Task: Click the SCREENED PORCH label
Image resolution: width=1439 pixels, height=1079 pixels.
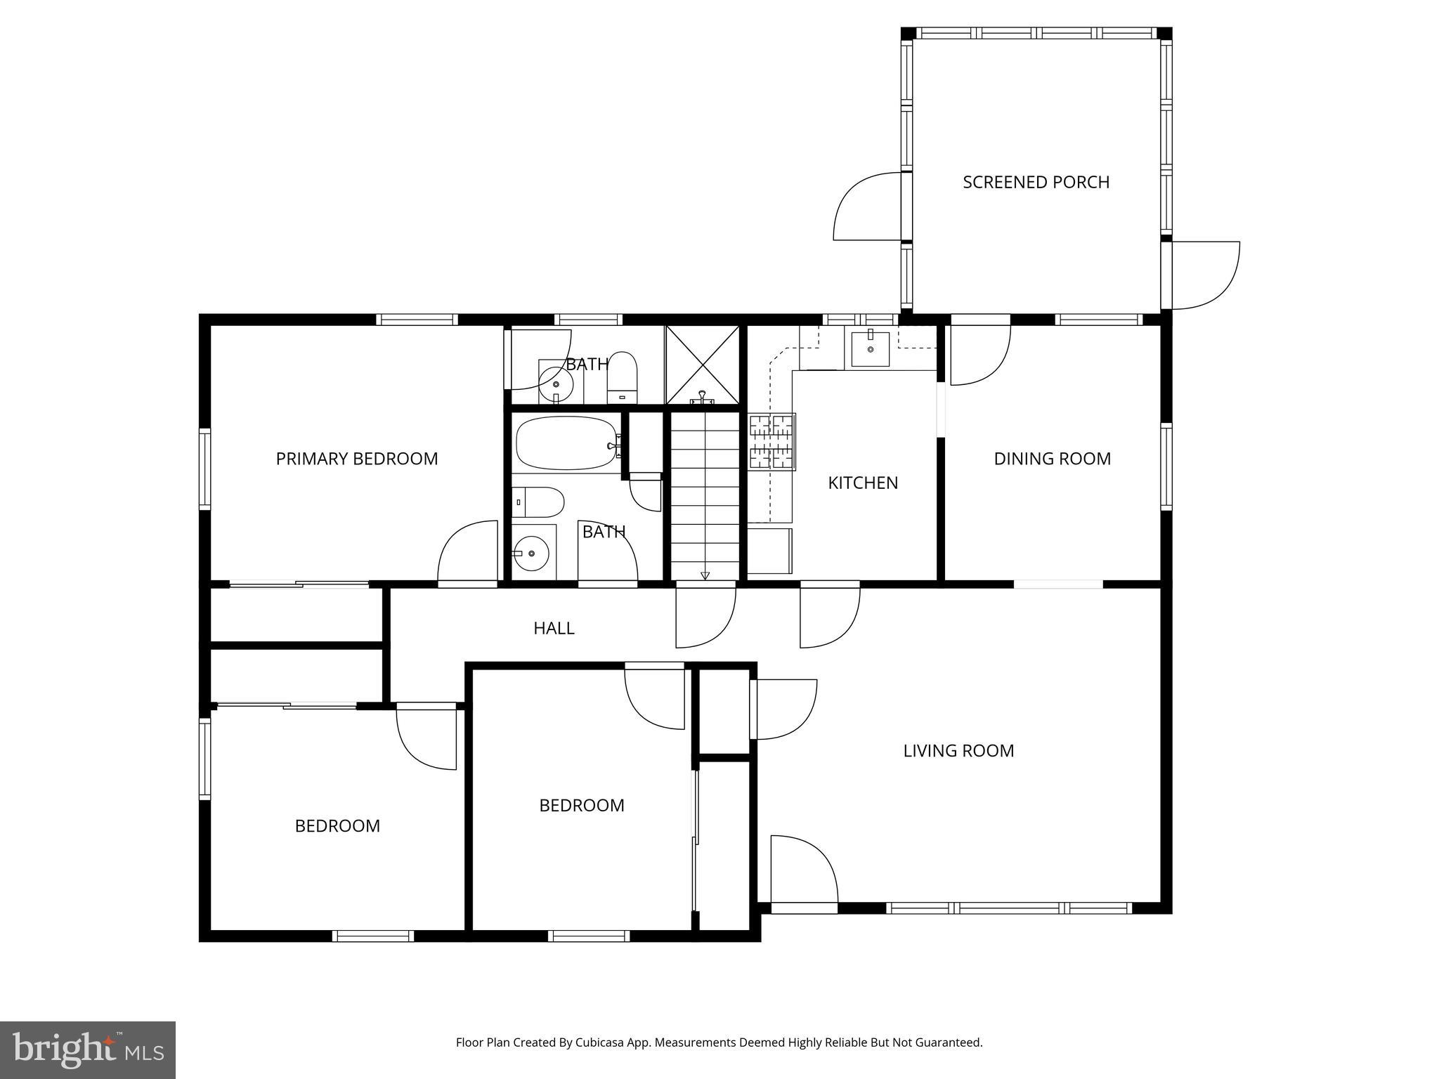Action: point(1036,183)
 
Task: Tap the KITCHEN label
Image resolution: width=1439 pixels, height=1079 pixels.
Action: point(863,483)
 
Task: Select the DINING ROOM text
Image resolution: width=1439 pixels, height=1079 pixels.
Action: point(1052,459)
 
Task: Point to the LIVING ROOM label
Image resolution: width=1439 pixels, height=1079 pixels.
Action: point(958,751)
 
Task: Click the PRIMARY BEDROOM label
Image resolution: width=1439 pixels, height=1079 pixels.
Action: point(356,459)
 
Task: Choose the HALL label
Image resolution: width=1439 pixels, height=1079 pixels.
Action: point(554,628)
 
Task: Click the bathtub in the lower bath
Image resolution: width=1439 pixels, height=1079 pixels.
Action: point(566,444)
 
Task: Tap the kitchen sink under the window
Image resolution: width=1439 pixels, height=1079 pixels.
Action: point(870,349)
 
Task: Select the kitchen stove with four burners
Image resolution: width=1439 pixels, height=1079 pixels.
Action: point(772,441)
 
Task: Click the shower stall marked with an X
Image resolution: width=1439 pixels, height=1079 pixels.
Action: point(702,364)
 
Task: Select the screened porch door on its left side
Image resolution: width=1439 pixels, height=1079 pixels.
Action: point(866,207)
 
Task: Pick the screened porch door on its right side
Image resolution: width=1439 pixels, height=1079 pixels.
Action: point(1203,275)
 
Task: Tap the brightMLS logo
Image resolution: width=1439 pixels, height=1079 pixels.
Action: point(88,1050)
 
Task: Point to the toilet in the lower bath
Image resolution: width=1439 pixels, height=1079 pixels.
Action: point(538,502)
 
